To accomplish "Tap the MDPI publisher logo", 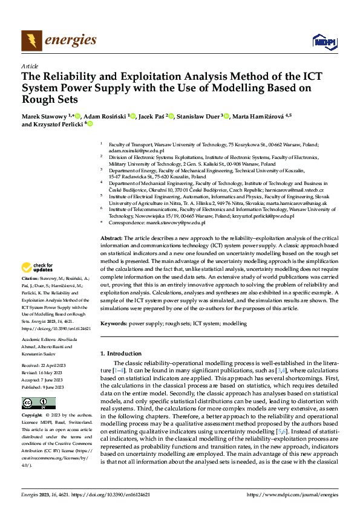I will (324, 41).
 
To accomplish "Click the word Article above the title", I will (30, 65).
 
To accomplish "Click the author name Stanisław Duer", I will (197, 116).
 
